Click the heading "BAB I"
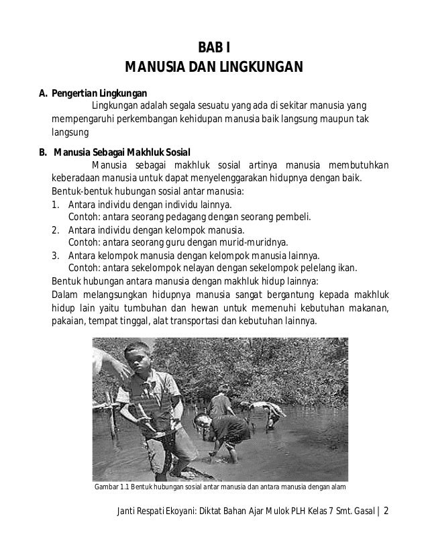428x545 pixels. (215, 47)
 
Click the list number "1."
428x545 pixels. (56, 204)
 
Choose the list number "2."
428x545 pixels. (56, 230)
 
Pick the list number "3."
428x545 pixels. (56, 256)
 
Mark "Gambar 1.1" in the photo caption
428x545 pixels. (110, 487)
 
